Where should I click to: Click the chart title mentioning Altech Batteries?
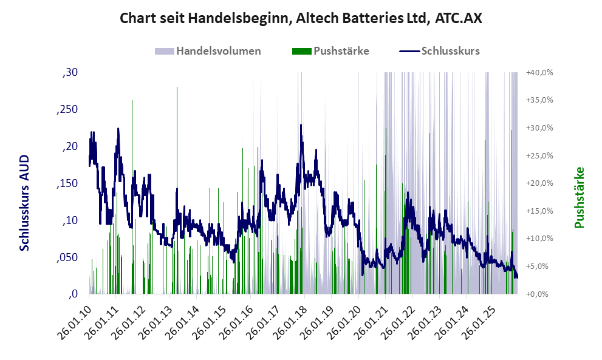[x=301, y=18]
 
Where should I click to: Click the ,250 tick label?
[x=67, y=110]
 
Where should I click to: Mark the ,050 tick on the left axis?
[x=67, y=257]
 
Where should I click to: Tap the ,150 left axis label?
[x=67, y=183]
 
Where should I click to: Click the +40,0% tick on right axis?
[x=539, y=73]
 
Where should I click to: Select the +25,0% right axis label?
[x=539, y=155]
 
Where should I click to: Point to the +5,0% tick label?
[x=541, y=266]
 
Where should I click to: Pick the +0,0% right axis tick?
[x=541, y=294]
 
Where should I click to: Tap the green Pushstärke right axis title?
[x=578, y=197]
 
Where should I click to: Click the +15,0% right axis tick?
[x=539, y=211]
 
